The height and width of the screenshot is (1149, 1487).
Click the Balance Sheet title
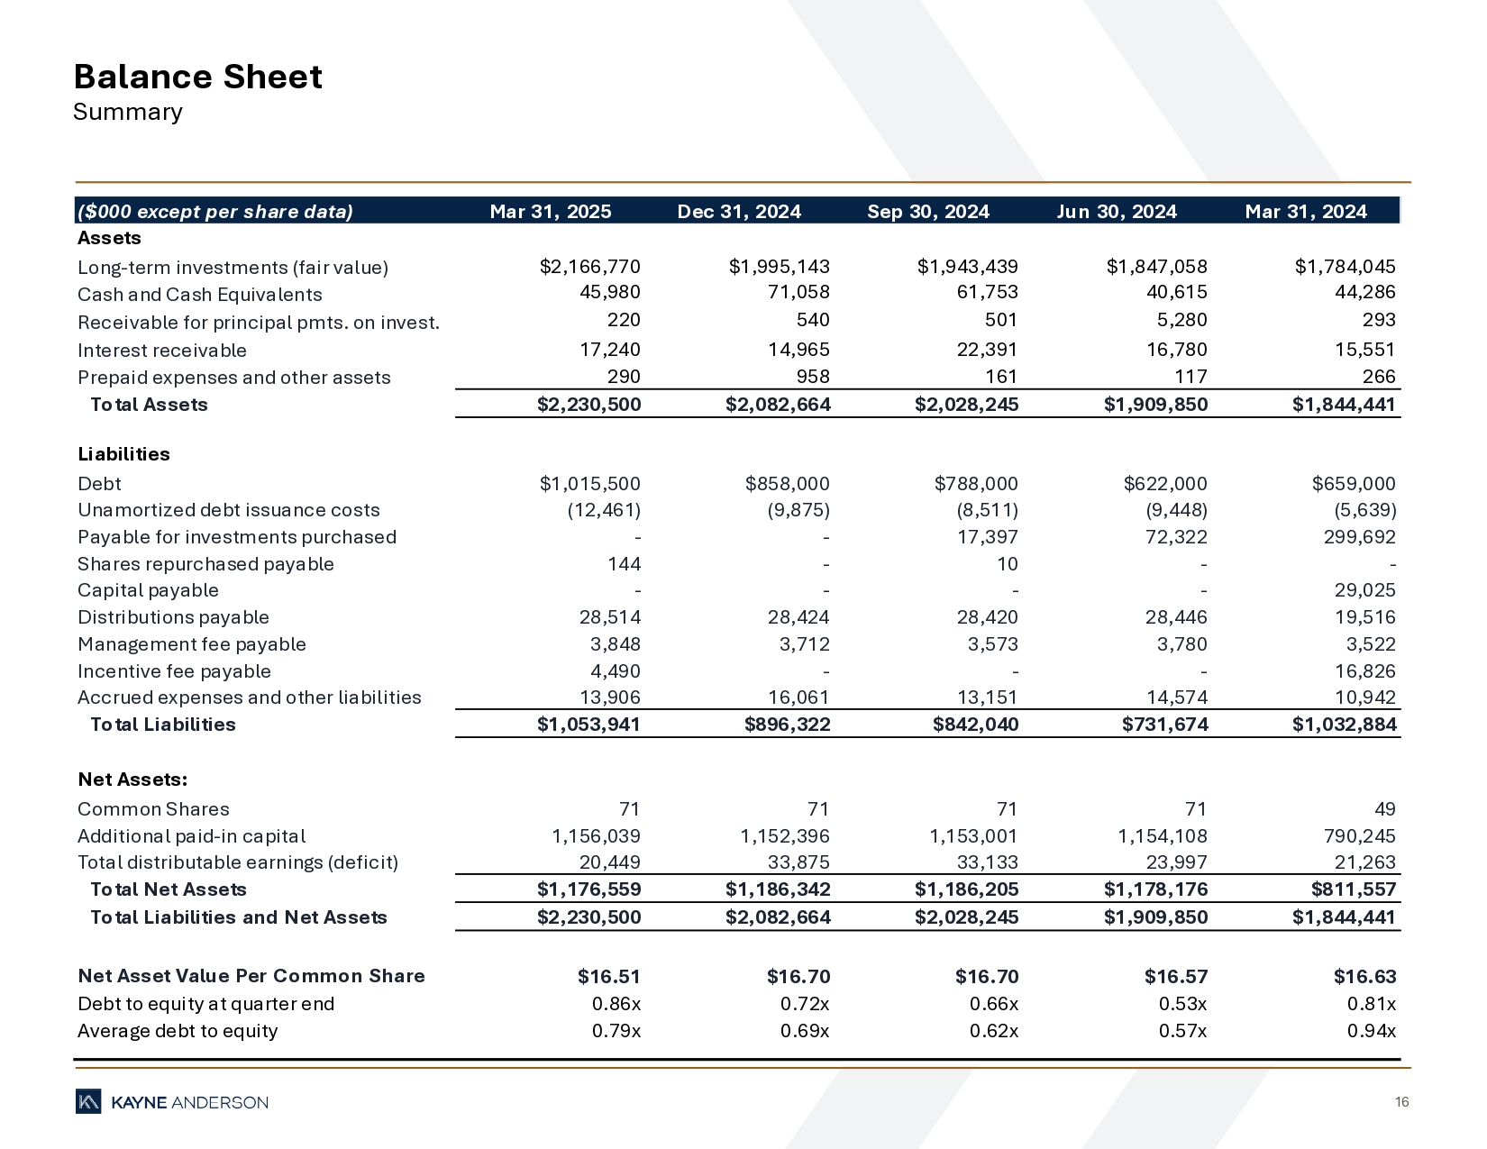coord(197,78)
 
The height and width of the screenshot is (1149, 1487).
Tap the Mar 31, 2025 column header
coord(550,212)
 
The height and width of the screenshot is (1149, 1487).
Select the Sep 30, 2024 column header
coord(927,212)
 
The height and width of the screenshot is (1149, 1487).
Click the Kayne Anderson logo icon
coord(88,1101)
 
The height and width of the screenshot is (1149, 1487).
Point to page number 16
coord(1401,1102)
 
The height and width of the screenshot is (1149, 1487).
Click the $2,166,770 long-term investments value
coord(589,267)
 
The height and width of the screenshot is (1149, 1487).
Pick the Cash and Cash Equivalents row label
coord(199,295)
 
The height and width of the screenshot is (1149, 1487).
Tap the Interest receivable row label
coord(162,351)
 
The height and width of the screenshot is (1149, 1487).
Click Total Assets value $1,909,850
coord(1155,405)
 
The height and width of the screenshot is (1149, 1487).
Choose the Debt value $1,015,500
coord(589,484)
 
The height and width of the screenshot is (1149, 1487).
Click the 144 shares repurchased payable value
coord(624,564)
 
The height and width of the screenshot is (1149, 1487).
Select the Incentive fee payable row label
coord(174,671)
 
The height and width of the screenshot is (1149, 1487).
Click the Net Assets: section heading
coord(132,780)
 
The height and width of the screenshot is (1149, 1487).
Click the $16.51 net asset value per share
coord(608,977)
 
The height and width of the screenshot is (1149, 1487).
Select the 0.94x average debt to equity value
coord(1371,1031)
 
